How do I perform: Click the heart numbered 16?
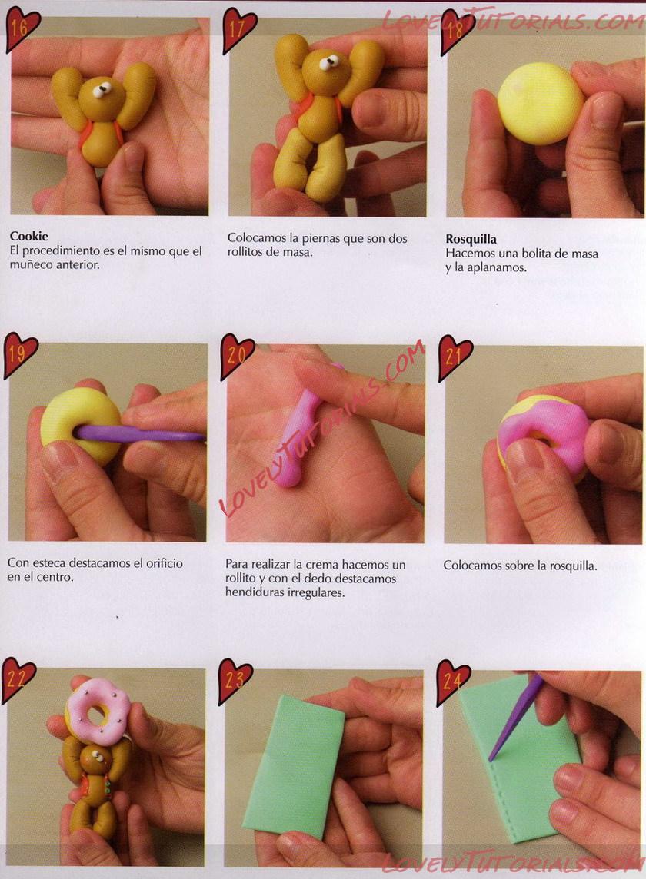(22, 28)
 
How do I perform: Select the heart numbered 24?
(453, 681)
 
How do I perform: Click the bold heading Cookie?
(28, 236)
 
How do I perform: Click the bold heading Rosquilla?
(471, 240)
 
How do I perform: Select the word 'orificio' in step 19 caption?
(164, 563)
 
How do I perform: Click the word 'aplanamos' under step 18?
(500, 267)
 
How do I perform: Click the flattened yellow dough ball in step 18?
(540, 103)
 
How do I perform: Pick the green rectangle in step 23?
(294, 766)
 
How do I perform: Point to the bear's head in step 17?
(327, 71)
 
